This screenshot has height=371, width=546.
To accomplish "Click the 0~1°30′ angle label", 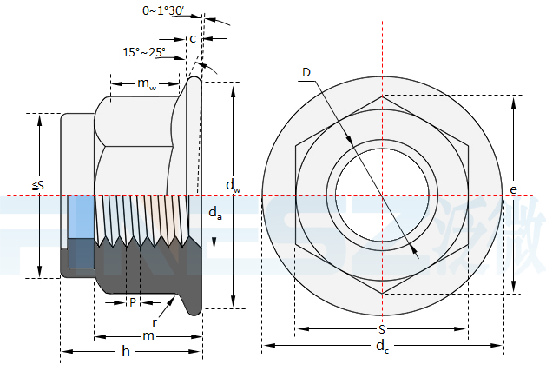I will coord(164,10).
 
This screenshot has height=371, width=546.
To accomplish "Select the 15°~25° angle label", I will coord(144,52).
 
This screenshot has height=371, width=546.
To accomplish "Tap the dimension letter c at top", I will coord(192,38).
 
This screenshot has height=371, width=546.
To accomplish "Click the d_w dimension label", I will coord(233,184).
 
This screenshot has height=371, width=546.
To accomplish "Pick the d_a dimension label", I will coord(215,213).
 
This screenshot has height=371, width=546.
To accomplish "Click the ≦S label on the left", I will coord(38,185).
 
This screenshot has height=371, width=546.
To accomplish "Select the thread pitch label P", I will coord(132,302).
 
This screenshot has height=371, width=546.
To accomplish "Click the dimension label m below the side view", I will coord(148,335).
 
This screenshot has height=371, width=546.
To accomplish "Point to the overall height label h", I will coord(126,351).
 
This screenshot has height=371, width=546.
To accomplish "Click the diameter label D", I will coord(306,71).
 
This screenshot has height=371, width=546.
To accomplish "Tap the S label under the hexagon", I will coord(381,330).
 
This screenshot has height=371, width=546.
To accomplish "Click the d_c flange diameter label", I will coord(381,348).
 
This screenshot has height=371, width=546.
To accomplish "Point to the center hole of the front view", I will coord(381,195).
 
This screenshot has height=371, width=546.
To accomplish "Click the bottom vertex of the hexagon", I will coord(381,294).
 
